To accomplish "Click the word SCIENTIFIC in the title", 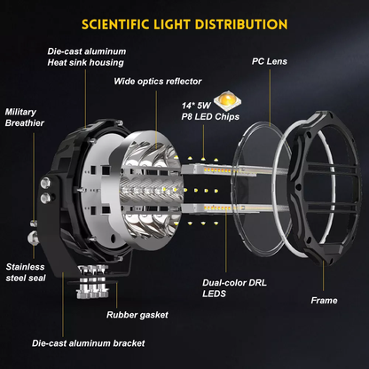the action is (x=115, y=24).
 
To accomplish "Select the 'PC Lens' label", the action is (x=270, y=61).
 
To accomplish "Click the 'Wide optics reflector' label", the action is (x=158, y=82).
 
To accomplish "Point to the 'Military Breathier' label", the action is (x=25, y=117).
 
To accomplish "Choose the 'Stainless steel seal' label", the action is (x=26, y=272).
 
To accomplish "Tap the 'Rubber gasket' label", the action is (x=137, y=315).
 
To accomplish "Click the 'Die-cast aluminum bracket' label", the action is (x=89, y=343).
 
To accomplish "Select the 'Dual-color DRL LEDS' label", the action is (x=234, y=288).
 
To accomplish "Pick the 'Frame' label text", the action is (x=324, y=301).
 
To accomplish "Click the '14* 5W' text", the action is (x=196, y=106).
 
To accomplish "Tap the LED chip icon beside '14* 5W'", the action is (x=227, y=101).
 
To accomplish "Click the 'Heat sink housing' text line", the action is (x=85, y=63).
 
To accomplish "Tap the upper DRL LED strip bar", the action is (x=219, y=170).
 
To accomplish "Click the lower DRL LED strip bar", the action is (x=219, y=208).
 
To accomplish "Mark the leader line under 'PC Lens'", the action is (x=270, y=98).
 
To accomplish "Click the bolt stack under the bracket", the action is (x=92, y=281).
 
